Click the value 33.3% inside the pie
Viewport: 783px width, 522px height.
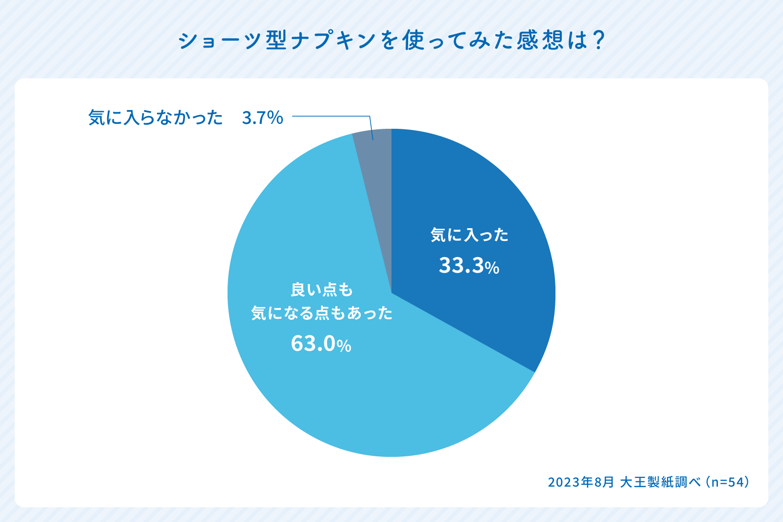469,266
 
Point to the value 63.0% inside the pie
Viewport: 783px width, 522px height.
321,344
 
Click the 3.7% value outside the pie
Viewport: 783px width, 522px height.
262,118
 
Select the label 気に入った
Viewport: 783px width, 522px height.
469,235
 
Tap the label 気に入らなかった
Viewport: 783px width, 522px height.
156,118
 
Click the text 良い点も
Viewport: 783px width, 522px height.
322,290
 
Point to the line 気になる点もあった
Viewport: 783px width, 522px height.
322,313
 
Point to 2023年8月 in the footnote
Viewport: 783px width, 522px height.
581,482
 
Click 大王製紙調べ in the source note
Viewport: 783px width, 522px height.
661,482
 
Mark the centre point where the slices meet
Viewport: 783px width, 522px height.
391,293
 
